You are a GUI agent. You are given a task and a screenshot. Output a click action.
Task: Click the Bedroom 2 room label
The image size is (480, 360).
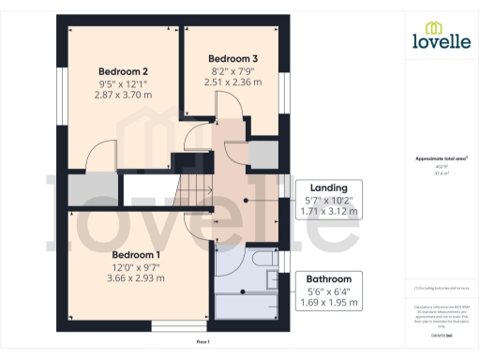click(123, 70)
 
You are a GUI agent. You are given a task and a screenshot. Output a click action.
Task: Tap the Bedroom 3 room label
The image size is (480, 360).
click(232, 57)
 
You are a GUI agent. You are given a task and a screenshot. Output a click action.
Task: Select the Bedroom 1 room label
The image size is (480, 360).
click(136, 254)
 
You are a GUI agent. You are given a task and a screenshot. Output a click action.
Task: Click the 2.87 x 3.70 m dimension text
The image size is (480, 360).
click(125, 96)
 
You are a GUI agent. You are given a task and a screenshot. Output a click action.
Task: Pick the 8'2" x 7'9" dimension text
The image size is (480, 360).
click(232, 69)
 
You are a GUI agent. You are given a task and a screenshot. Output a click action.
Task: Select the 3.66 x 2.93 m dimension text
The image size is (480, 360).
click(136, 278)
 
